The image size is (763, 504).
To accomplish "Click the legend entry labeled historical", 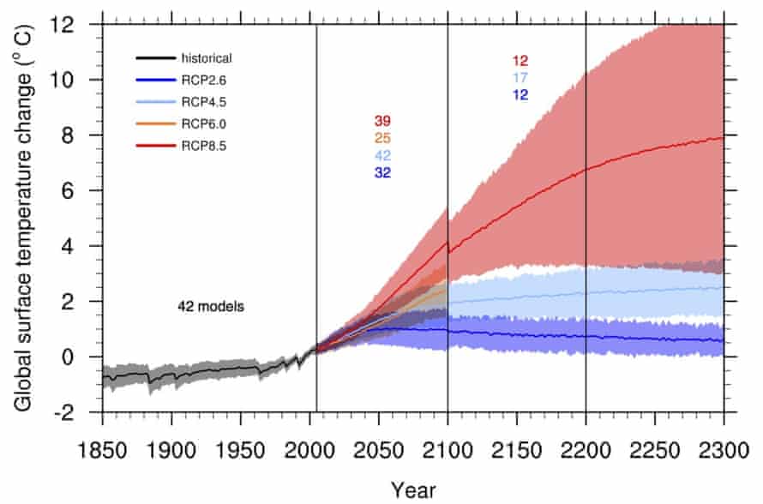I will tap(207, 58).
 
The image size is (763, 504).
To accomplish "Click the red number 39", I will tap(382, 120).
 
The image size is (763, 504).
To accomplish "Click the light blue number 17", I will tap(520, 78).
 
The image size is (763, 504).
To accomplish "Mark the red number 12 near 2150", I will tap(520, 61).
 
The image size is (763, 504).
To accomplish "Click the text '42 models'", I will tap(211, 305).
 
